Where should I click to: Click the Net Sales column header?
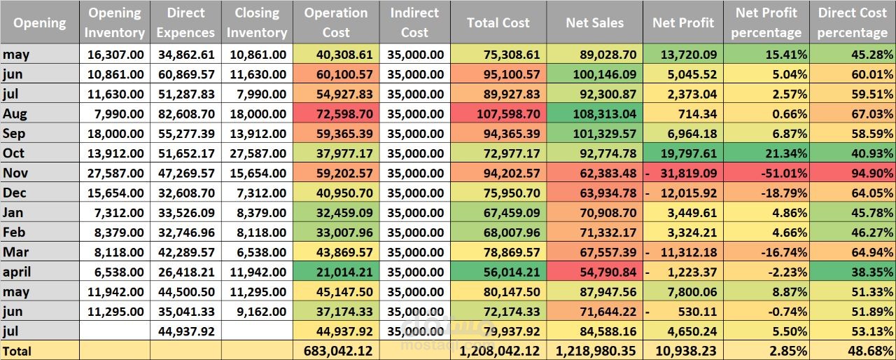594,22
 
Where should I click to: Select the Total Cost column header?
498,22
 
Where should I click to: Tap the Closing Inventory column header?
256,22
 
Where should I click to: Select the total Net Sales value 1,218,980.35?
595,351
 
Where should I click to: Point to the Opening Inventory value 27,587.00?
115,173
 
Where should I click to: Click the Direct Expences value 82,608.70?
185,113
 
